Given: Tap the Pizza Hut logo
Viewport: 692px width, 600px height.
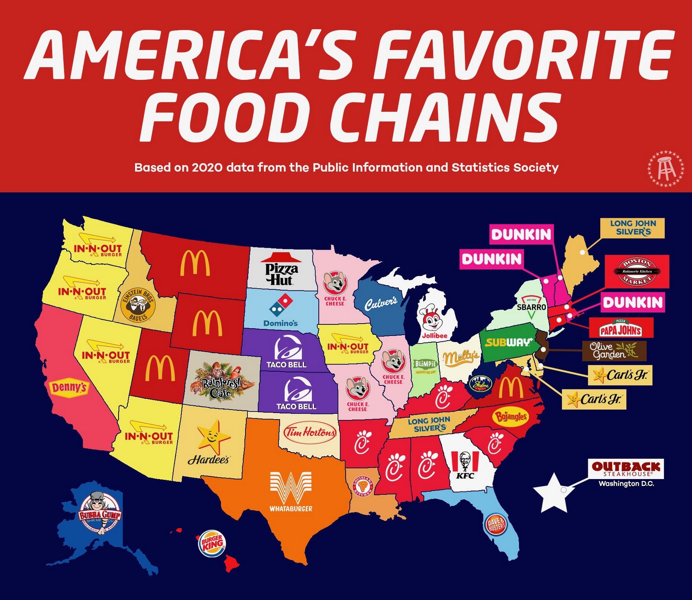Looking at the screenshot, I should [x=281, y=270].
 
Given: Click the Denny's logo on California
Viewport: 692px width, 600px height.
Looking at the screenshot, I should [x=69, y=387].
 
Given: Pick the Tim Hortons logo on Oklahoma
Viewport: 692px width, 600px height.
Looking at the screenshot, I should [x=310, y=433].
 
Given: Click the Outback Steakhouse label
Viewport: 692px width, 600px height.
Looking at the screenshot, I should [x=626, y=469].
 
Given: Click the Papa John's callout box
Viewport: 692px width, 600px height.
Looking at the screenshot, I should [x=620, y=327].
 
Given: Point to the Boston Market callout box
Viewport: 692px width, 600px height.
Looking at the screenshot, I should [x=637, y=271].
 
